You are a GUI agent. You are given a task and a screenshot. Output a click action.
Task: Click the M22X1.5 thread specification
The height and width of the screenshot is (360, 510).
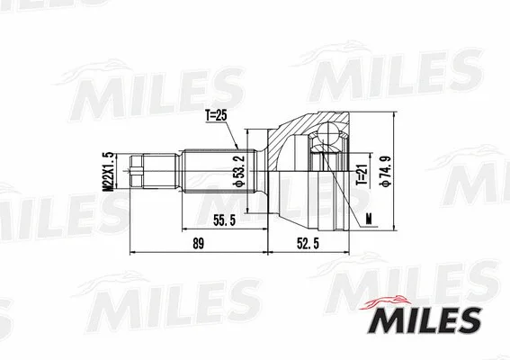[106, 170]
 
